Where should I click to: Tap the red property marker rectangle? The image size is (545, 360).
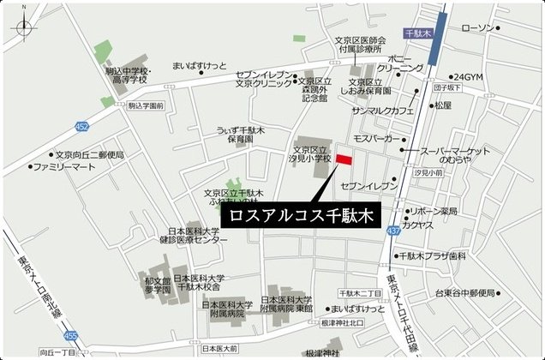click(344, 160)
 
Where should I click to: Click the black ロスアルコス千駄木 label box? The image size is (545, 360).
click(299, 216)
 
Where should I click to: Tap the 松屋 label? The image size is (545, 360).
click(442, 105)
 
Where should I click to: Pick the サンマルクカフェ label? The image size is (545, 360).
click(383, 111)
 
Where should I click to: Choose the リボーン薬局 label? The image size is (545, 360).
click(434, 210)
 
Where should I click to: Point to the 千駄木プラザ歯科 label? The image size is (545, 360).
click(433, 255)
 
